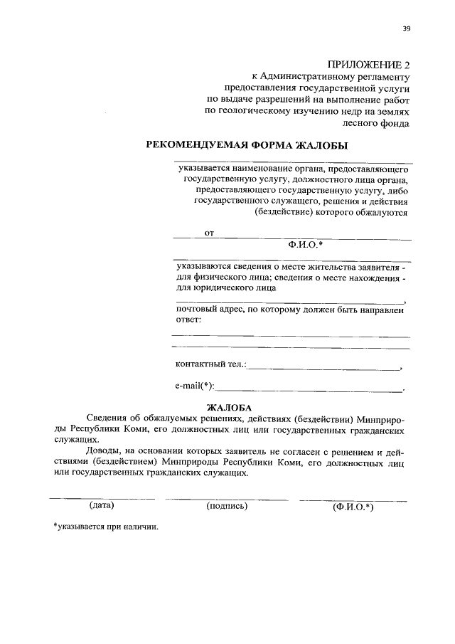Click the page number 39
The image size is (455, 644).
406,28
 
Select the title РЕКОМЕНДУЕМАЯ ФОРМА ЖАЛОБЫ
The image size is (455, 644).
247,145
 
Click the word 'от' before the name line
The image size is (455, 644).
209,233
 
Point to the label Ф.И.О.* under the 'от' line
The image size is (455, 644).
306,244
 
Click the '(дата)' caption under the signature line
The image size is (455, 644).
102,506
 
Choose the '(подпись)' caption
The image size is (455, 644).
227,506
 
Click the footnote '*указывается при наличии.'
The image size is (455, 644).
106,527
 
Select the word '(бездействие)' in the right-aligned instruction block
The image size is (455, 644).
284,212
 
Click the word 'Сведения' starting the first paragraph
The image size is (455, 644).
107,420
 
